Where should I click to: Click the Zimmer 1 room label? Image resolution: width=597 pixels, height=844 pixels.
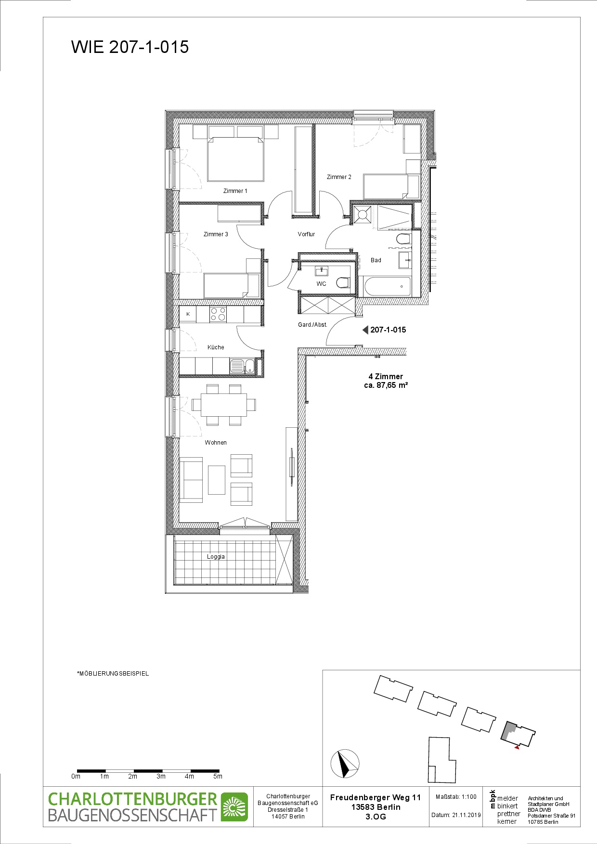tap(235, 191)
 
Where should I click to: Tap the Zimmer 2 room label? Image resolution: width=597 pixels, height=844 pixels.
tap(339, 177)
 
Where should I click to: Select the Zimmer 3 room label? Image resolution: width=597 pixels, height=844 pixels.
tap(216, 234)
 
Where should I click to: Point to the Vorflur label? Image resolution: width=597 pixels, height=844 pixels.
tap(306, 234)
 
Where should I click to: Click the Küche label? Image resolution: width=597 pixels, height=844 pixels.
tap(216, 347)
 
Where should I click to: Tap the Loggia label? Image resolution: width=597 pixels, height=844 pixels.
tap(216, 557)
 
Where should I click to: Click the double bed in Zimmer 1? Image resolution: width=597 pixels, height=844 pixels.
tap(235, 159)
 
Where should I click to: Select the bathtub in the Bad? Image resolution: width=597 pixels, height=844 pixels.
tap(388, 287)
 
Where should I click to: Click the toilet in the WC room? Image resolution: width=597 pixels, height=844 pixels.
tap(343, 282)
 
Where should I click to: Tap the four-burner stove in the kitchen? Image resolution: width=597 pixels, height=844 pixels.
tap(218, 314)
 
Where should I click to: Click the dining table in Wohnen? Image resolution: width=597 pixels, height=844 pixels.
tap(224, 405)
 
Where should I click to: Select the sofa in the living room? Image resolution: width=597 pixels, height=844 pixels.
tap(191, 480)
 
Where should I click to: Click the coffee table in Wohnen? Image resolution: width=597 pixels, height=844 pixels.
tap(217, 480)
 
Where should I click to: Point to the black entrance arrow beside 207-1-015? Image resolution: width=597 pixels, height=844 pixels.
tap(365, 330)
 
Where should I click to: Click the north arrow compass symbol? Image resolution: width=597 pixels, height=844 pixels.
tap(345, 764)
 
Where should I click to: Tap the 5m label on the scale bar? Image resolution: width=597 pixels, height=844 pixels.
tap(218, 776)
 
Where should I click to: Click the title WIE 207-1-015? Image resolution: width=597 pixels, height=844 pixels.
tap(130, 47)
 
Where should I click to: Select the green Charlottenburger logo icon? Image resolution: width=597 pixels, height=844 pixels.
tap(234, 807)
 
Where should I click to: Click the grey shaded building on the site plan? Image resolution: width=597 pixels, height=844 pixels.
tap(509, 730)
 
